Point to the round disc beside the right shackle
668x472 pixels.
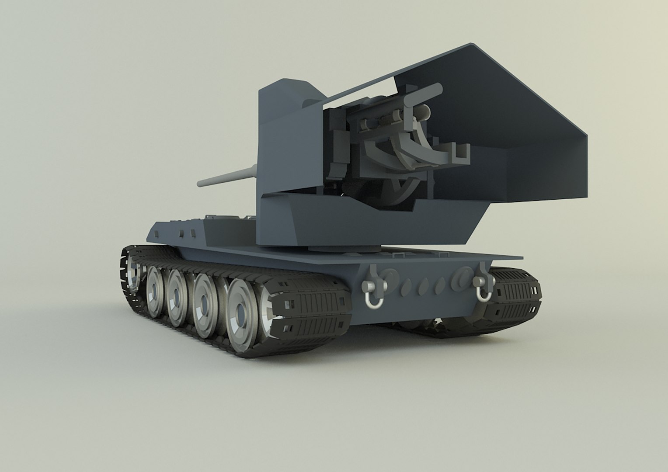pyautogui.click(x=461, y=277)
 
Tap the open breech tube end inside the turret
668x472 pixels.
pyautogui.click(x=422, y=114)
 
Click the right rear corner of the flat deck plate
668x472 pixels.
pyautogui.click(x=522, y=257)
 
